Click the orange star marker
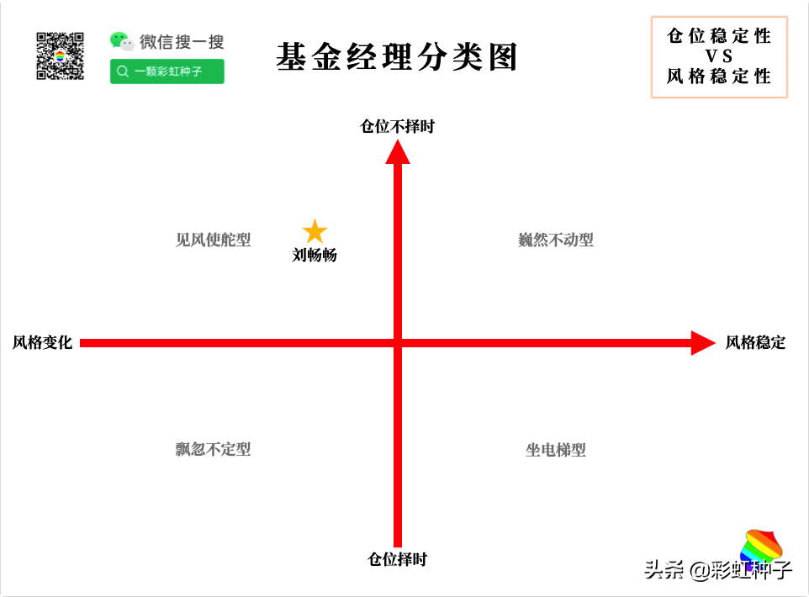pos(315,231)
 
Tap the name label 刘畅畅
pos(315,255)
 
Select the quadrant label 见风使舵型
pos(213,240)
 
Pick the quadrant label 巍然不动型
pos(556,240)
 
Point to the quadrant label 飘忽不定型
pos(213,449)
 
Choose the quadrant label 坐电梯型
pos(556,450)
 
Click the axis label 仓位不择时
pos(397,126)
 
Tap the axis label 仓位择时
pos(397,559)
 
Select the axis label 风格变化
pos(42,342)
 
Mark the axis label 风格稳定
pos(755,342)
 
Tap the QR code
pos(60,55)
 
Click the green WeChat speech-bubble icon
pos(122,41)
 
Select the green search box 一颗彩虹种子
pos(167,71)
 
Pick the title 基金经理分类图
pos(397,57)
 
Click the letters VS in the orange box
pos(719,55)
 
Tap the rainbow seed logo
pos(762,546)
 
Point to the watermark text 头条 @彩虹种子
pos(717,569)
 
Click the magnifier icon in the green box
pos(123,71)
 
